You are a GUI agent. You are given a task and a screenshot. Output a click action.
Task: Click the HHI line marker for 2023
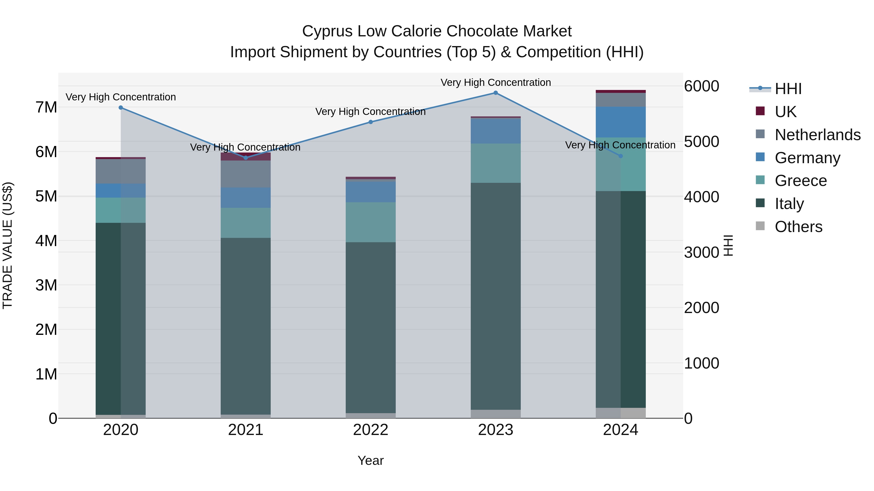[x=495, y=93]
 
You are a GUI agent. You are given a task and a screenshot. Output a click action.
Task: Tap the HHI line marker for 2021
[x=246, y=158]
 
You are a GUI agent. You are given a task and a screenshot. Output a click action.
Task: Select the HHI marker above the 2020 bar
[x=121, y=108]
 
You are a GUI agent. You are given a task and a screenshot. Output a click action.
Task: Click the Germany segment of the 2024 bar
[x=621, y=122]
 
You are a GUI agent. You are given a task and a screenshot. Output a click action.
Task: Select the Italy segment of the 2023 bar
[x=495, y=297]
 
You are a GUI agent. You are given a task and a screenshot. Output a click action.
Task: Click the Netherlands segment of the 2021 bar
[x=246, y=174]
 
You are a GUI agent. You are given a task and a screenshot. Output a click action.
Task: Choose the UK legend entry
[x=785, y=112]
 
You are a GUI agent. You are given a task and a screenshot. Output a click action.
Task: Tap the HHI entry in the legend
[x=788, y=89]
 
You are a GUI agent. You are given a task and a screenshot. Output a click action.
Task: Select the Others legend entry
[x=798, y=227]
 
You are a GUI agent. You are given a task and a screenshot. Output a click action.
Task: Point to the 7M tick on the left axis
[x=46, y=107]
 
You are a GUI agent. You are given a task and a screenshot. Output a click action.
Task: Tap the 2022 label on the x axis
[x=370, y=430]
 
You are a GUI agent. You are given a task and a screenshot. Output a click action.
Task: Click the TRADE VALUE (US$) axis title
[x=8, y=245]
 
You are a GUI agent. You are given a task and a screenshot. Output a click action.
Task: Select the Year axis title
[x=370, y=460]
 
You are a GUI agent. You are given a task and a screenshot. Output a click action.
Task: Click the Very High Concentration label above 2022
[x=370, y=112]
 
